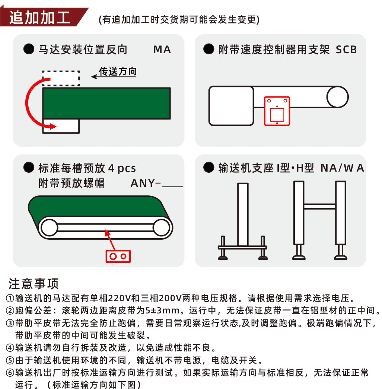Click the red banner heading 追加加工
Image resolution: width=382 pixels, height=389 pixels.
pos(40,17)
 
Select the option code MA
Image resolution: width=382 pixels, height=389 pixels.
pos(162,50)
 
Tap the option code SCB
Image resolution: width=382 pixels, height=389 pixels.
pos(346,50)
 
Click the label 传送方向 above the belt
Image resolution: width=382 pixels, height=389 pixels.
pos(118,71)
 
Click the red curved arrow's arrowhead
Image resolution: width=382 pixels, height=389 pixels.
pos(52,126)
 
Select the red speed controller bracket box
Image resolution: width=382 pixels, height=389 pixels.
pos(277,111)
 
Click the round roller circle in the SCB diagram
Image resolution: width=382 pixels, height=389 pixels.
pos(338,97)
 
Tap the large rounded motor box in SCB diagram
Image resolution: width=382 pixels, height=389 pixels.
pos(231,106)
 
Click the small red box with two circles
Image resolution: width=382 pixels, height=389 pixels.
pos(118,256)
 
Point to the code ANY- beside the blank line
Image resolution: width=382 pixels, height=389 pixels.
pos(146,183)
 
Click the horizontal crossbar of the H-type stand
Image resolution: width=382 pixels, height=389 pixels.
pos(320,206)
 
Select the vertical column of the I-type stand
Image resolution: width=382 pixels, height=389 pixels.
pos(243,214)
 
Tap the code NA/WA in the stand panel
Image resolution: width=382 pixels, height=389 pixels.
pos(342,168)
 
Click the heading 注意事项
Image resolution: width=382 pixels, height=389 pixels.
pos(34,284)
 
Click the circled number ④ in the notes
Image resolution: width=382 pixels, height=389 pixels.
pos(10,348)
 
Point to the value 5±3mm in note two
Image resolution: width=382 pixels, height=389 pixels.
pos(162,310)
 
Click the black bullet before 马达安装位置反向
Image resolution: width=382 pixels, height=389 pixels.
pos(29,49)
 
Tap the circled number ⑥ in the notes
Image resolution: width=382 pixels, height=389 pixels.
pos(10,373)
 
